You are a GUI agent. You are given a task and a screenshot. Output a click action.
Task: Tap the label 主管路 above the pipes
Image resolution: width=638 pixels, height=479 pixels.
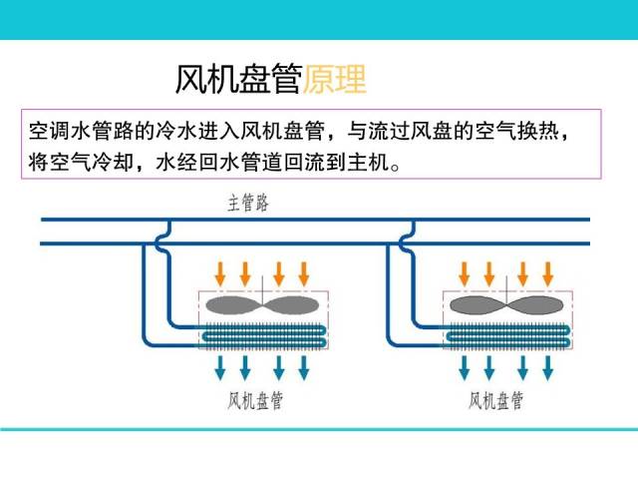pos(248,204)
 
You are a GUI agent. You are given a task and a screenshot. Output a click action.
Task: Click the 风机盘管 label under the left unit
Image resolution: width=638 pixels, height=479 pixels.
pos(255,401)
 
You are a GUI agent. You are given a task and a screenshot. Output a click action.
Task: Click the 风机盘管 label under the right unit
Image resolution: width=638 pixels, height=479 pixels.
pos(496,401)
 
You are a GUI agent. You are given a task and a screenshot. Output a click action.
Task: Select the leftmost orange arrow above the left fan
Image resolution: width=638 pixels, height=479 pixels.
pos(220,272)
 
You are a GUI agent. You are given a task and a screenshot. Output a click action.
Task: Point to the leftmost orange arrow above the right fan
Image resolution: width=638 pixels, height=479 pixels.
pos(464,272)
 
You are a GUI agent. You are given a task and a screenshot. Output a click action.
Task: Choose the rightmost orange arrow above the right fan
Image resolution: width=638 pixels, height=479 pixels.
pos(548,272)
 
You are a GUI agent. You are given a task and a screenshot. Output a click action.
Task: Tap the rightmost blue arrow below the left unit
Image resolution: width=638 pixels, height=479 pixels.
pos(305,367)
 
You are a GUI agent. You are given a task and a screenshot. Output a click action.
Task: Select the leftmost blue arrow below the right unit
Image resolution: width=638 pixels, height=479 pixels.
pos(464,367)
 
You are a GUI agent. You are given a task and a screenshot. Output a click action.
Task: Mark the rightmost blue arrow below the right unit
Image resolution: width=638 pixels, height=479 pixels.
pos(548,367)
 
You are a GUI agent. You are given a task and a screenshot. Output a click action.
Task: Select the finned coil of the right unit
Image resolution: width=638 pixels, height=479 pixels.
pos(505,337)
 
